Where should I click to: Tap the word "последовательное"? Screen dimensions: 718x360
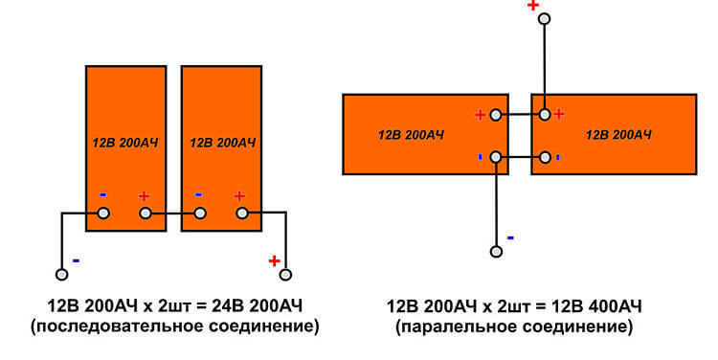click(x=117, y=327)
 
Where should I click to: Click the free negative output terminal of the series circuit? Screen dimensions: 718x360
click(x=62, y=275)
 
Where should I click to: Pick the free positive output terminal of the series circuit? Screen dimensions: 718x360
click(x=285, y=275)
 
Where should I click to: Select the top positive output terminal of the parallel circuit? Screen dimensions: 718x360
click(x=545, y=19)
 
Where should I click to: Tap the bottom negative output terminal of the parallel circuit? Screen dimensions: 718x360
click(x=496, y=252)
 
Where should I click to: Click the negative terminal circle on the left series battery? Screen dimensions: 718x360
click(x=104, y=213)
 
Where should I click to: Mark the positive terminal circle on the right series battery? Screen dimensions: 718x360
click(x=242, y=213)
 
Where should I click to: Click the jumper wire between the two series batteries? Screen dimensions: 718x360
click(x=172, y=213)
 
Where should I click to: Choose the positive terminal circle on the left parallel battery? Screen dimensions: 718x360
click(x=496, y=115)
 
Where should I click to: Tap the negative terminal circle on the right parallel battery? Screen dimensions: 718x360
click(x=545, y=158)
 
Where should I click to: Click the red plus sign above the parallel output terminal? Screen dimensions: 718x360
click(x=533, y=5)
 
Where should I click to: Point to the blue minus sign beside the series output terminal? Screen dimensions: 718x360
click(x=76, y=261)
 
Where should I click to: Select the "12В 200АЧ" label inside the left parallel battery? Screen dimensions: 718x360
click(x=411, y=135)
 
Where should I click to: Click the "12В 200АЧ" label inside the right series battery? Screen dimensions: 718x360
click(x=222, y=143)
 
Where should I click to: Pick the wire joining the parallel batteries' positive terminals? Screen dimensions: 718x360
click(x=520, y=115)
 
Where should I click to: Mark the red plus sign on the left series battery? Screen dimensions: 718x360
click(x=145, y=196)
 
